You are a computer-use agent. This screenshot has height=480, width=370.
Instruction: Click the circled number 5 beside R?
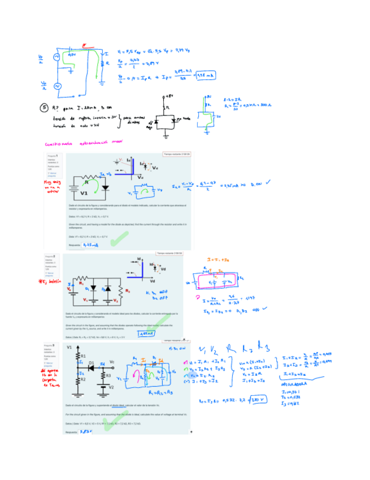(45, 107)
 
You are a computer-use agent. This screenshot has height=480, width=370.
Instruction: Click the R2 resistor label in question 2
(128, 291)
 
